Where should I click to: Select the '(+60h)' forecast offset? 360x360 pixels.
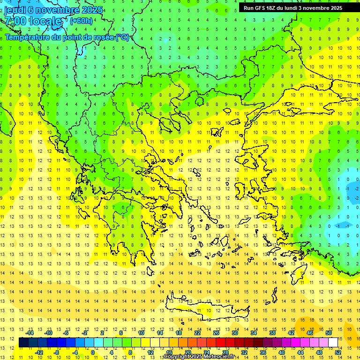(81, 21)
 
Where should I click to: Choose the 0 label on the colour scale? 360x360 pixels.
(93, 352)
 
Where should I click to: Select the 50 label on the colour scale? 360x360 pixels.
(329, 333)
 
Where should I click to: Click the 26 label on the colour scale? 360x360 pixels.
(216, 333)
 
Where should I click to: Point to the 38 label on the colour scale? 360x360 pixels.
(272, 333)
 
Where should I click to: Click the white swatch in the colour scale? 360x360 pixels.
(333, 343)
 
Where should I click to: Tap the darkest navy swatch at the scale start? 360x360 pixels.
(24, 343)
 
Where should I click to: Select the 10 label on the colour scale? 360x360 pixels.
(141, 333)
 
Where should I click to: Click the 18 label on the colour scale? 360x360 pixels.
(179, 333)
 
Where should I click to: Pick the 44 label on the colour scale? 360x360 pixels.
(300, 352)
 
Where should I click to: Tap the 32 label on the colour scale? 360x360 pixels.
(244, 352)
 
